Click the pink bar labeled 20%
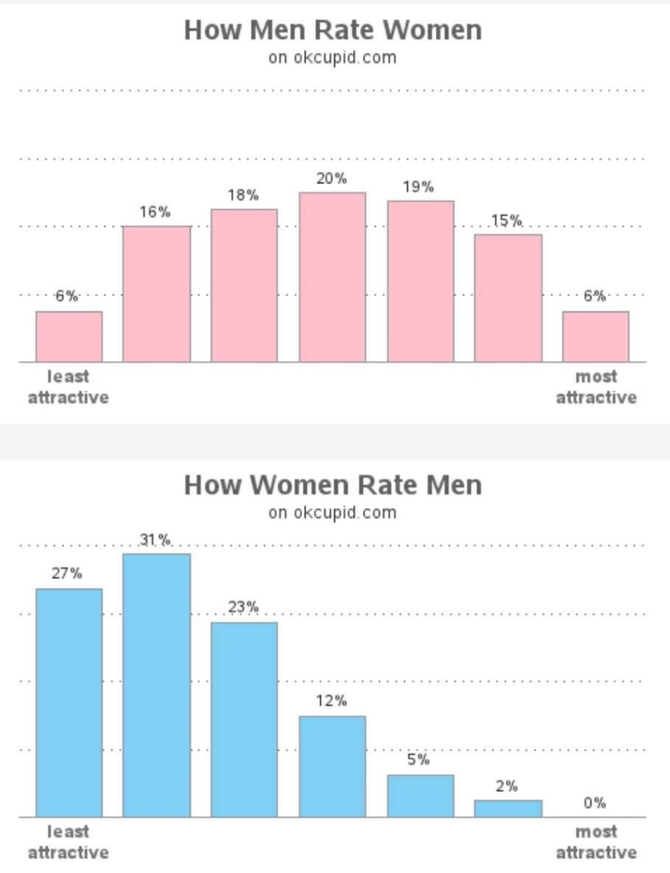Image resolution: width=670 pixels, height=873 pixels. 332,277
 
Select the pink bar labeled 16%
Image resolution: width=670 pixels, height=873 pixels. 156,294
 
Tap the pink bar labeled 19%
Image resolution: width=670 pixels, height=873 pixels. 420,281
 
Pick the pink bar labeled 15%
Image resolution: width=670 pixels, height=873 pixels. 508,298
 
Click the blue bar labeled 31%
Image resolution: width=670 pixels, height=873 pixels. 156,685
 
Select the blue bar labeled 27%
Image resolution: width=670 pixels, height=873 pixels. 69,702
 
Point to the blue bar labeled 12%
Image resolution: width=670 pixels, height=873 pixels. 332,766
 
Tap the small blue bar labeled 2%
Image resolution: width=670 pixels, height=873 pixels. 508,808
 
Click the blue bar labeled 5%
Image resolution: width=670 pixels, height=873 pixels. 420,796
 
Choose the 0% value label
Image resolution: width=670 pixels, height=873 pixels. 595,803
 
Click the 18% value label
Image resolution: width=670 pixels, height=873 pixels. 243,195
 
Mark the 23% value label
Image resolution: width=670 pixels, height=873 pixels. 243,607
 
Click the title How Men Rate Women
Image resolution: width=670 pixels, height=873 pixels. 333,30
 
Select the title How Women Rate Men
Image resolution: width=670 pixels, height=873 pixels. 333,485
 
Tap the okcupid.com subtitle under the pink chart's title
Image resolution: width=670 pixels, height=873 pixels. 332,58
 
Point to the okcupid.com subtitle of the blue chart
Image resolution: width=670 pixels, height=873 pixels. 332,513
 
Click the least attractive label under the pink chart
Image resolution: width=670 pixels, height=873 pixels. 68,387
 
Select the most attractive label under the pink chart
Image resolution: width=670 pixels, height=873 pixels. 596,387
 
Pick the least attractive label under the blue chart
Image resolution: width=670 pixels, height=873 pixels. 68,842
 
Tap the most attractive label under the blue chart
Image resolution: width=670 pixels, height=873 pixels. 596,842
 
